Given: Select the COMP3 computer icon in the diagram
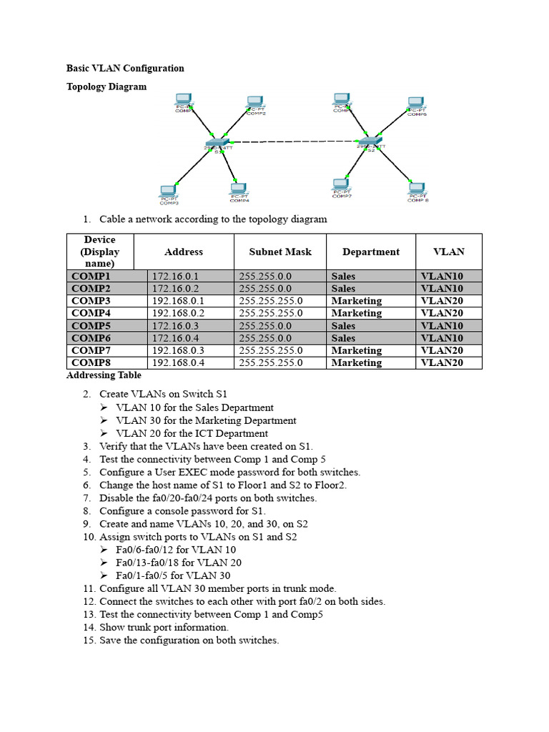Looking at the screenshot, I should click(x=169, y=192).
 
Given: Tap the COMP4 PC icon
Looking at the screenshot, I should click(x=239, y=189).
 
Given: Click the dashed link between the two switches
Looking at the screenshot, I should click(x=293, y=141).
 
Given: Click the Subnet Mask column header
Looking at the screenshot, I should click(x=280, y=252).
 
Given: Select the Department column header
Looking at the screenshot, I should click(x=371, y=252).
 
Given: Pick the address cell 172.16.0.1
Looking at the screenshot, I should click(x=175, y=276).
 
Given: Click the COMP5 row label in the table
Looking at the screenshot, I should click(x=91, y=325).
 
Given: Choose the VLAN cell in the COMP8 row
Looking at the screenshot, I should click(x=442, y=362).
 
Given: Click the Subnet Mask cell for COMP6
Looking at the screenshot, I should click(x=265, y=338).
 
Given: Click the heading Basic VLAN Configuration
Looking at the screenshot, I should click(x=125, y=69).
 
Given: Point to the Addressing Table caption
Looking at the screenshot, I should click(x=104, y=375).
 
